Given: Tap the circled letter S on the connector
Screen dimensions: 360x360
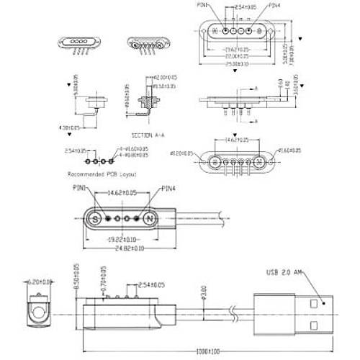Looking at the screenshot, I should pos(95,217).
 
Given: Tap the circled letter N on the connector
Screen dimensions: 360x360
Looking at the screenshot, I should pos(149,217).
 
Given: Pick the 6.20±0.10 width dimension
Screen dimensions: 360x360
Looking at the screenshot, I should pos(37,282).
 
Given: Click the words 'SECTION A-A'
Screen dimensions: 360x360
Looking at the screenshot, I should pos(148,135).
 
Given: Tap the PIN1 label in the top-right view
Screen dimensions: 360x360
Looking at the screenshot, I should pos(203,6).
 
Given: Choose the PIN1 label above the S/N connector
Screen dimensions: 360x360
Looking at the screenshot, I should pos(79,189).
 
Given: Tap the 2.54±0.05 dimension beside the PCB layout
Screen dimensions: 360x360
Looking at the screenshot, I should pos(75,151).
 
